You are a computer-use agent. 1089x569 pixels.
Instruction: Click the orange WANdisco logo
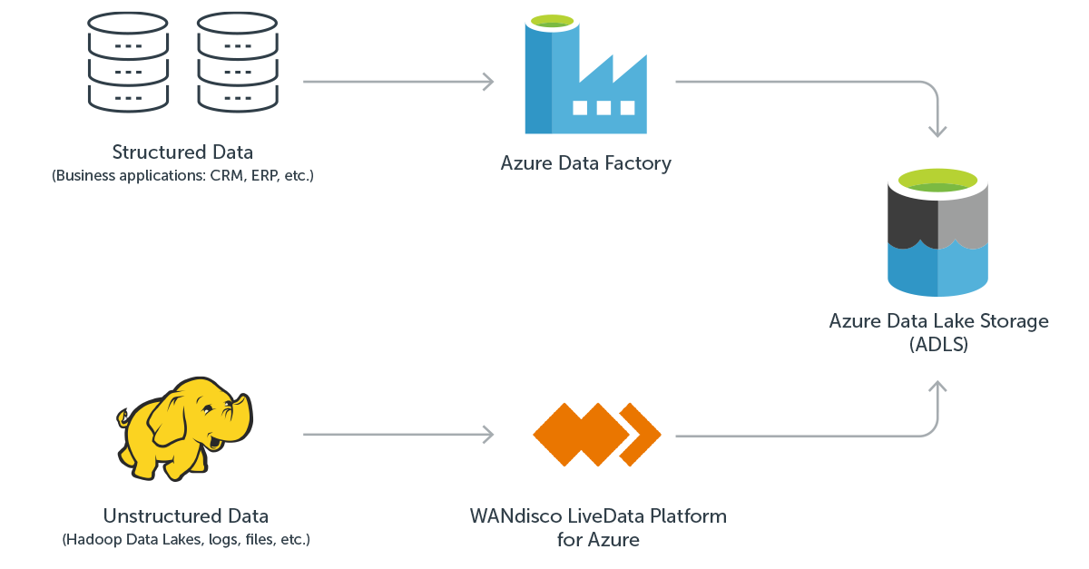pos(595,435)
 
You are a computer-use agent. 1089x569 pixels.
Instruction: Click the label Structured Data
pos(182,152)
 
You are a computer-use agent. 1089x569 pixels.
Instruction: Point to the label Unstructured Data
pos(185,516)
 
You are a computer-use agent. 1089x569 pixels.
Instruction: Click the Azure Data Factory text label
pos(585,163)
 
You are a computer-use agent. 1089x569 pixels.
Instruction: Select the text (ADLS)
pos(938,344)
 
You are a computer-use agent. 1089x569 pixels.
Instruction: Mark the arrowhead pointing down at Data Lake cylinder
pos(937,131)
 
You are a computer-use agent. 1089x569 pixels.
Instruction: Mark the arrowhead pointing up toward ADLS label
pos(937,388)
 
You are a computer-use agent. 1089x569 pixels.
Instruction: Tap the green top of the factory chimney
pos(552,20)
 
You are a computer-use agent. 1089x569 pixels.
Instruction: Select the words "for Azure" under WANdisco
pos(598,540)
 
